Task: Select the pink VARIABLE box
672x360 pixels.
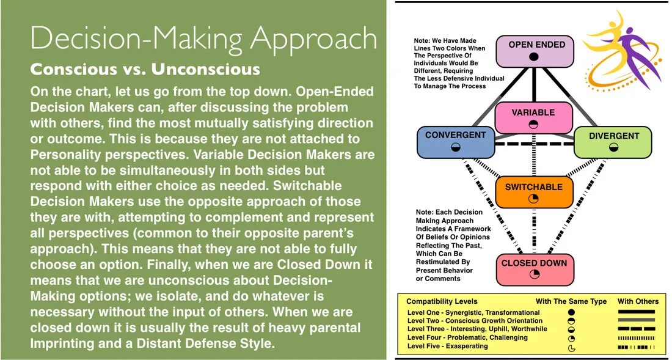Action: [533, 117]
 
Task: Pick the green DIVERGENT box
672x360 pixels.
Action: [613, 141]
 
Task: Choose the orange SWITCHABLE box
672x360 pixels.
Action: [534, 192]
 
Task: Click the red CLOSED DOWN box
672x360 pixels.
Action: [534, 269]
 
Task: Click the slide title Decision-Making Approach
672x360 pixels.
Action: [203, 38]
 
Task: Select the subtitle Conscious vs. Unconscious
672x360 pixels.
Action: [145, 68]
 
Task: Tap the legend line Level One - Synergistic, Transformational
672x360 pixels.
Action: [473, 312]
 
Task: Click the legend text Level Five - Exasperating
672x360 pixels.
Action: [447, 346]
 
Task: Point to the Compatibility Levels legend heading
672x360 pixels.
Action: [442, 301]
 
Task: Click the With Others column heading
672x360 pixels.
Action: [638, 301]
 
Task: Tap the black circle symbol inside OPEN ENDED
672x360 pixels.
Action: [533, 56]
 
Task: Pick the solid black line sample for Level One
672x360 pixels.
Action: [636, 312]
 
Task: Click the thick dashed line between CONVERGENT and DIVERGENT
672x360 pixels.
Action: [533, 144]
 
